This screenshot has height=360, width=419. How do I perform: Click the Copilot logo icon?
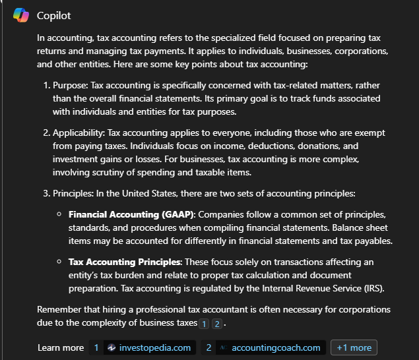(x=20, y=15)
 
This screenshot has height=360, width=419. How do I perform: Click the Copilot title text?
(x=53, y=15)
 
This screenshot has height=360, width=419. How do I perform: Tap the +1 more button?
(x=354, y=347)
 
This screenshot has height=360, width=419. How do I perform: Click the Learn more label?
(x=61, y=347)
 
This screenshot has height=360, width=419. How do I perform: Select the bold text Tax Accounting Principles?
(x=124, y=262)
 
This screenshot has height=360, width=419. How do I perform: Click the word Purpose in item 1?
(x=69, y=86)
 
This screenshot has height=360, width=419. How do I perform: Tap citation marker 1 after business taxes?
(x=204, y=324)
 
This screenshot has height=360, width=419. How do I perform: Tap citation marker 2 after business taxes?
(x=217, y=324)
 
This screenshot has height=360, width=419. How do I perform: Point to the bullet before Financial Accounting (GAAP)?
(x=59, y=215)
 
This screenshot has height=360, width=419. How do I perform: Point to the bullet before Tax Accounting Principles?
(x=59, y=262)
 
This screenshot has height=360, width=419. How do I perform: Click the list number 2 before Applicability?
(x=47, y=133)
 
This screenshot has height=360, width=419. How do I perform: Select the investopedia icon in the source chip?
(x=112, y=347)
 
